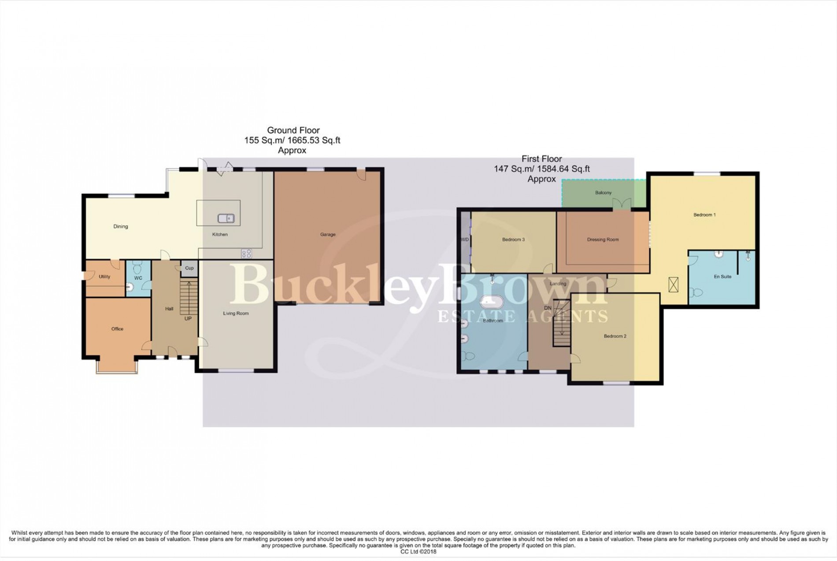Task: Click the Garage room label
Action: pos(328,235)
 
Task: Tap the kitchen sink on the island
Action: pos(226,218)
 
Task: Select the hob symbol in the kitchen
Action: pos(246,253)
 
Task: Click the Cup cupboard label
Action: pos(189,268)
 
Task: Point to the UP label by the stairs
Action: pos(188,318)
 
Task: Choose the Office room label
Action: pos(117,329)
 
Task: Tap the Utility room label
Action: pos(104,277)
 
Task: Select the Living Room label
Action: pos(236,314)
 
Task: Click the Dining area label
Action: pos(121,227)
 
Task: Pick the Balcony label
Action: pos(603,193)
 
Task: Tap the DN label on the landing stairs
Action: pos(548,308)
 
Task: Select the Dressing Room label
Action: pos(603,240)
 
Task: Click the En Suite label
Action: pos(722,277)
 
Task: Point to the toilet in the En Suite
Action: pos(696,292)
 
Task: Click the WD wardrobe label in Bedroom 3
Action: pos(464,240)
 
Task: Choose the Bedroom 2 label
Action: pos(615,336)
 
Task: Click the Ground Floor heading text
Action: pos(293,130)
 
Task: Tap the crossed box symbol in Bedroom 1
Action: pos(674,284)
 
